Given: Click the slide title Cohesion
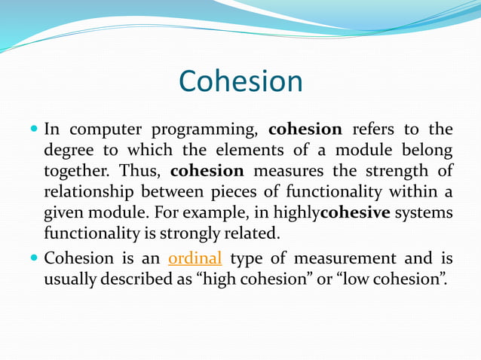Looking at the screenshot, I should tap(240, 81).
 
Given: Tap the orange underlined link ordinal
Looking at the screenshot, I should tap(195, 258).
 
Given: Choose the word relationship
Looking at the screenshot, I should tap(88, 192).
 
